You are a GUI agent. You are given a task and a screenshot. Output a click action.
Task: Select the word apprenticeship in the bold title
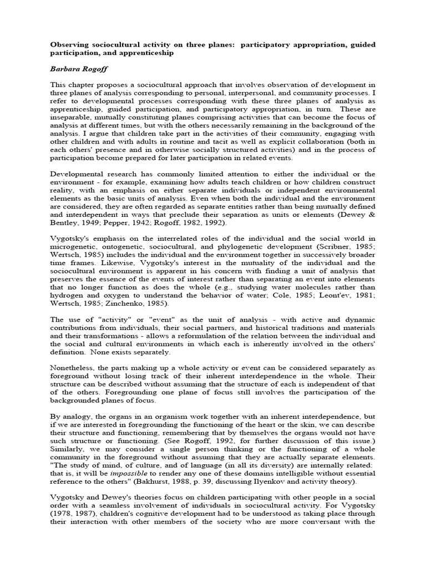(x=154, y=53)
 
